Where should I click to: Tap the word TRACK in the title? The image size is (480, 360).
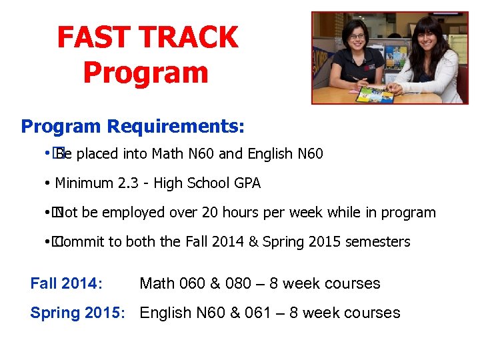click(189, 37)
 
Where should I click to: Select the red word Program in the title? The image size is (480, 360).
click(146, 72)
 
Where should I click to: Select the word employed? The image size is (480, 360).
click(133, 213)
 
